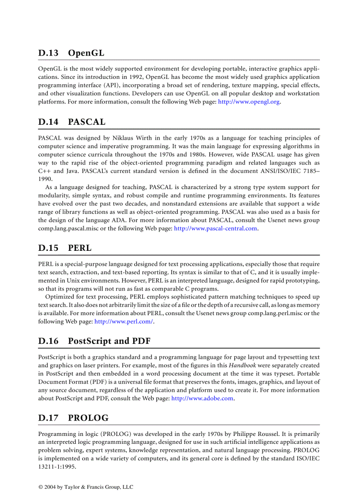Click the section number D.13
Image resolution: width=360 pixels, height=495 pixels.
(48, 53)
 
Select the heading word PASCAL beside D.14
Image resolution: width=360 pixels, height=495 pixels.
(86, 122)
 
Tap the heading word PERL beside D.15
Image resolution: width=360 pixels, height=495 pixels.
(79, 248)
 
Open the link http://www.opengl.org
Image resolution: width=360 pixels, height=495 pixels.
(249, 102)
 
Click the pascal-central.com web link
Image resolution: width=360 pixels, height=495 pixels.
(215, 228)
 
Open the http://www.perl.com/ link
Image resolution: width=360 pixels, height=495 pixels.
(124, 321)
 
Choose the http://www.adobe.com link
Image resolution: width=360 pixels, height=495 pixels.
(202, 398)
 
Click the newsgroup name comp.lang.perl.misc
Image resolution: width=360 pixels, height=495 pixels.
(274, 313)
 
